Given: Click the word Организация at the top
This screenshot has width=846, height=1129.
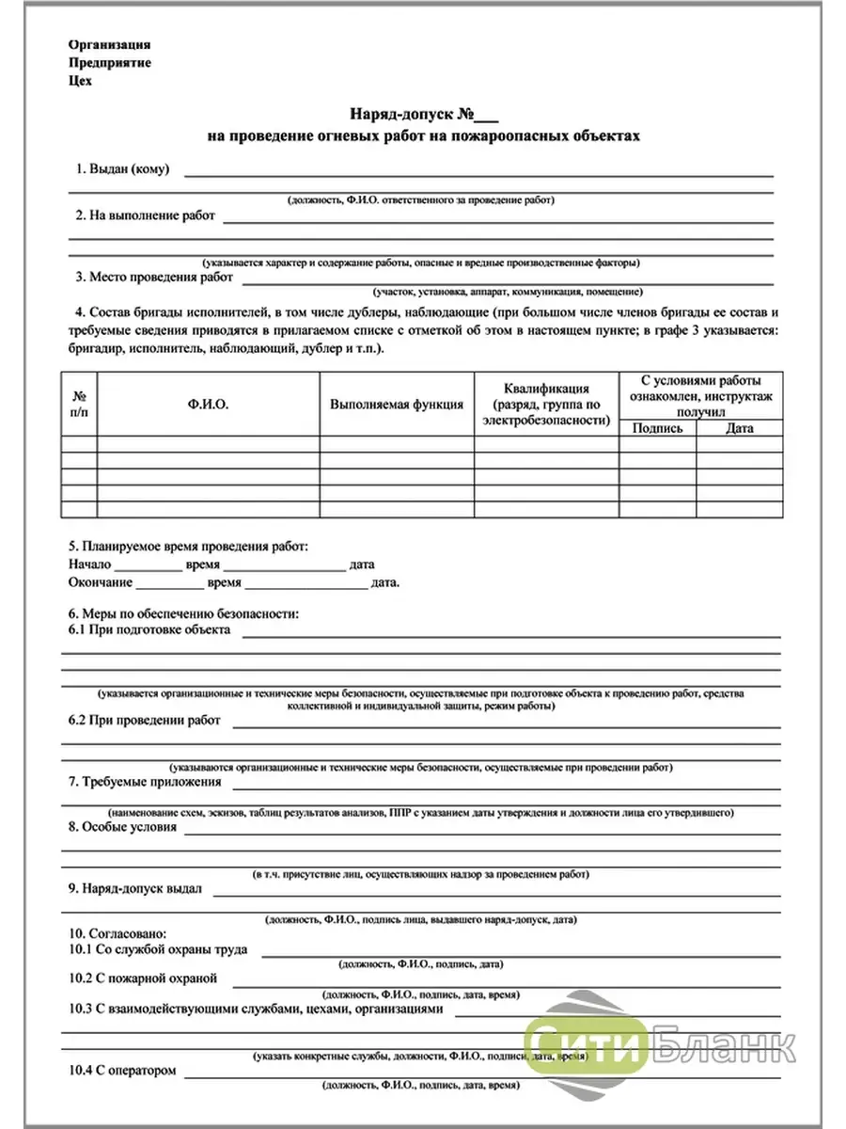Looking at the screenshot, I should (109, 44).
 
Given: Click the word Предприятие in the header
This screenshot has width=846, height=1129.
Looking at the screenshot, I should (109, 62).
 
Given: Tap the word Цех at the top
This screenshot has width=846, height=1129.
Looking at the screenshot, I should (81, 80).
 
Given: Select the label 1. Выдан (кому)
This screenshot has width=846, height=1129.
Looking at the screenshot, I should (122, 169).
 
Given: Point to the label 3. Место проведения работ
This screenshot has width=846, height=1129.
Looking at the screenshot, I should (154, 278).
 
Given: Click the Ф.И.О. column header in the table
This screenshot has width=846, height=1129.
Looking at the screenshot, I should (208, 404).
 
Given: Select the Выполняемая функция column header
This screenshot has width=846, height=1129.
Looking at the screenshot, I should (396, 404).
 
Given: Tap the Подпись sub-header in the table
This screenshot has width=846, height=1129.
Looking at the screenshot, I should (657, 428).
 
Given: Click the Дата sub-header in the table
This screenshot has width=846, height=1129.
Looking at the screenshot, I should (739, 428).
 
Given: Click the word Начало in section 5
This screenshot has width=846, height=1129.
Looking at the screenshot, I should (89, 564).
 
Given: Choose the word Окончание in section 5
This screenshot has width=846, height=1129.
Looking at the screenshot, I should (101, 582).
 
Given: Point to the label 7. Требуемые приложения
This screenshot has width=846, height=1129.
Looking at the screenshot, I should (145, 781).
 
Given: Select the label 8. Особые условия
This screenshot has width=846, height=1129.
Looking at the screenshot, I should (122, 827).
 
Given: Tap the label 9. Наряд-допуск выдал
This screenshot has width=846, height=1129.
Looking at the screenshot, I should (136, 888).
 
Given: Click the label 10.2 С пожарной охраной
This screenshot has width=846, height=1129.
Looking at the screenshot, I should (143, 978).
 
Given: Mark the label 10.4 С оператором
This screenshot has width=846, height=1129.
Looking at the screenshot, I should (122, 1071).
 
